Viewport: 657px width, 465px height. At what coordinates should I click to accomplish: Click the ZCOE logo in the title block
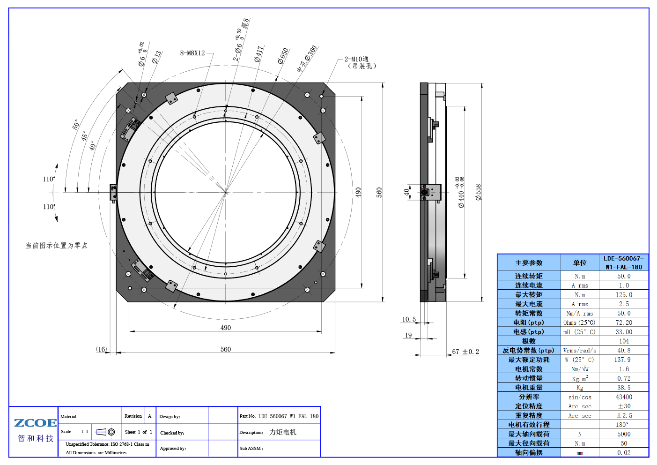[35, 423]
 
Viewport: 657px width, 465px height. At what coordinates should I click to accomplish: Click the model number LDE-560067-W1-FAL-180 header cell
[623, 262]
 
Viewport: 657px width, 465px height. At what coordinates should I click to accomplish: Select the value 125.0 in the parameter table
[624, 295]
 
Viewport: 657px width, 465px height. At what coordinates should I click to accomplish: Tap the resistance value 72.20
[624, 322]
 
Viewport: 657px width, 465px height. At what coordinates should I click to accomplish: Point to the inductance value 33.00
[624, 332]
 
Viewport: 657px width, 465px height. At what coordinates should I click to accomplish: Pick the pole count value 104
[624, 341]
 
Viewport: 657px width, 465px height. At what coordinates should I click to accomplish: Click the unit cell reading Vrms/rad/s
[580, 351]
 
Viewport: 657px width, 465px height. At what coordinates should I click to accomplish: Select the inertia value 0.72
[624, 378]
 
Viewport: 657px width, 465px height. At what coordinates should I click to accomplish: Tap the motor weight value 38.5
[624, 388]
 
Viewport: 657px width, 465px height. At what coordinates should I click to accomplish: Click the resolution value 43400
[624, 397]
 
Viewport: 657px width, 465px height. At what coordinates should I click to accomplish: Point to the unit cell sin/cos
[580, 397]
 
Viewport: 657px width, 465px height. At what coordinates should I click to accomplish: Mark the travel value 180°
[622, 425]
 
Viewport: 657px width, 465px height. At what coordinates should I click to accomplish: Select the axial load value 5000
[624, 434]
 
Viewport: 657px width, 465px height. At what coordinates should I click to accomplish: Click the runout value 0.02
[624, 453]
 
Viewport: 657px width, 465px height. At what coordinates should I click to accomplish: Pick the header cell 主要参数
[529, 263]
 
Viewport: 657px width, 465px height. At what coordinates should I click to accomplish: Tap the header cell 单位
[580, 263]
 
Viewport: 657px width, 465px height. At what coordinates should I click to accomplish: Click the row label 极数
[529, 341]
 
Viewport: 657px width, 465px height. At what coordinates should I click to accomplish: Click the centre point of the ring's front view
[226, 192]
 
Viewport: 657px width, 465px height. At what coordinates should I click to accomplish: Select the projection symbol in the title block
[100, 432]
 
